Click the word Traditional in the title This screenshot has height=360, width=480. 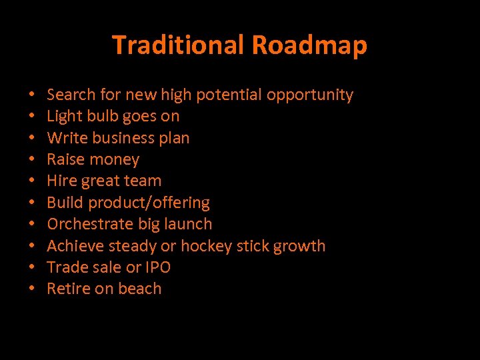[179, 45]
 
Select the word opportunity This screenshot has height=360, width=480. [310, 95]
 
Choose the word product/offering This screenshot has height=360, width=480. [149, 203]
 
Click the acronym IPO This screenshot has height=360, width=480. [158, 267]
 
